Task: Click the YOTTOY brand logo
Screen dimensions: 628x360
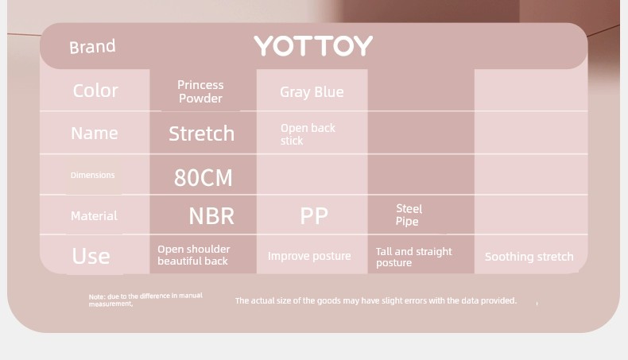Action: tap(313, 45)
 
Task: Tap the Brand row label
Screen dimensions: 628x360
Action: tap(92, 46)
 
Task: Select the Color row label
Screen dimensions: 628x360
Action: tap(95, 91)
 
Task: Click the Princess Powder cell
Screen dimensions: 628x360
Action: tap(200, 91)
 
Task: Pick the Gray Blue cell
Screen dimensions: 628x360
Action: tap(312, 92)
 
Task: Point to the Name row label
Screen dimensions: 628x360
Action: tap(95, 133)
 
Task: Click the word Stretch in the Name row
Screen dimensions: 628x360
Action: tap(201, 134)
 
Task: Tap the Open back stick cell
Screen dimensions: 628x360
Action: tap(308, 134)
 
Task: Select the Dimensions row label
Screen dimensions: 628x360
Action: tap(92, 175)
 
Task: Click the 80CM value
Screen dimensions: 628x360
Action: tap(203, 177)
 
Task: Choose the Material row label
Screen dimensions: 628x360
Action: tap(94, 216)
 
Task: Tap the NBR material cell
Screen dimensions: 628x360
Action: tap(211, 216)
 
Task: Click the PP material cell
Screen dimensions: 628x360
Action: tap(314, 216)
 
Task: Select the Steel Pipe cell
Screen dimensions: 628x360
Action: tap(409, 215)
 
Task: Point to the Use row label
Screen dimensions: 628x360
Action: tap(91, 256)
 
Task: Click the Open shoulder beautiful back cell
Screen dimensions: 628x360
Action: tap(194, 255)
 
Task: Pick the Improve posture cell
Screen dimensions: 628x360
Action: tap(309, 256)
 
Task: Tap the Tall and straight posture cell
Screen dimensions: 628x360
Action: tap(413, 257)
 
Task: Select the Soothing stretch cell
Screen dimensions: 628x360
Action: tap(529, 257)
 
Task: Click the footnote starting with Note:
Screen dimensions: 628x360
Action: tap(145, 300)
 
